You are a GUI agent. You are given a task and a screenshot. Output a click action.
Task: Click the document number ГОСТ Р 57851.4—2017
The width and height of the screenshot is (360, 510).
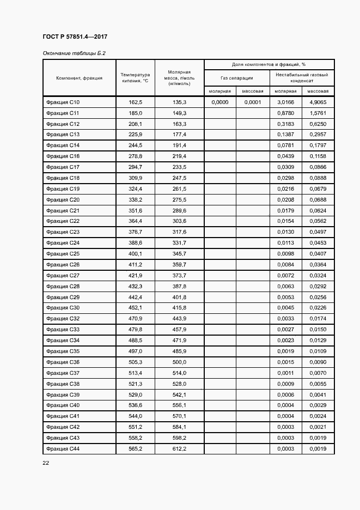pyautogui.click(x=75, y=37)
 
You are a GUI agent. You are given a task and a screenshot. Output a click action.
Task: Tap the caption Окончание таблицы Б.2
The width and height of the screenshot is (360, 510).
pyautogui.click(x=74, y=53)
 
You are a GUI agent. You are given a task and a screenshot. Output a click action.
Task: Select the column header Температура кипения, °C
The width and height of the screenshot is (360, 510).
pyautogui.click(x=135, y=78)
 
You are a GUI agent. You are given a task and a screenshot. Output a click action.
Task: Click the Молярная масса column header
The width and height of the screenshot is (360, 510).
pyautogui.click(x=179, y=78)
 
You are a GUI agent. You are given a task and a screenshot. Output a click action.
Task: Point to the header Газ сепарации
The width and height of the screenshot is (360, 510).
pyautogui.click(x=236, y=78)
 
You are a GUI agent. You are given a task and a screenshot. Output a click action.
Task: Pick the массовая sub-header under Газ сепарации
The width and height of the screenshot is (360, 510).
pyautogui.click(x=253, y=92)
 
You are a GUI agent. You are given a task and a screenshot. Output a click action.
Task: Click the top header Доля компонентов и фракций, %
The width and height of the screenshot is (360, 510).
pyautogui.click(x=269, y=64)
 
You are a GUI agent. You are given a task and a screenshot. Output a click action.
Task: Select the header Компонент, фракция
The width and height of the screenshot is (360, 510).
pyautogui.click(x=80, y=78)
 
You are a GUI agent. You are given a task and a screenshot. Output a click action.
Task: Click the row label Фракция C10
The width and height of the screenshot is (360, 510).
pyautogui.click(x=63, y=102)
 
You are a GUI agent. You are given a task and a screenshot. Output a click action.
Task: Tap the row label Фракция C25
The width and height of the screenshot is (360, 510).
pyautogui.click(x=63, y=254)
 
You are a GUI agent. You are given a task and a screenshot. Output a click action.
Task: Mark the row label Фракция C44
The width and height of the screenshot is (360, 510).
pyautogui.click(x=63, y=448)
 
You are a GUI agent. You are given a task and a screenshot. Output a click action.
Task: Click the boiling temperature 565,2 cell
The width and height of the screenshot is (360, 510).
pyautogui.click(x=135, y=448)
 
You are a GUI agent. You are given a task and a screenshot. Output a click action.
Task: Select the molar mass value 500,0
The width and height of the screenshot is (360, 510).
pyautogui.click(x=179, y=362)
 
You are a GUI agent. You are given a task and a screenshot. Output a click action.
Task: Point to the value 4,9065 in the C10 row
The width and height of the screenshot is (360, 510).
pyautogui.click(x=318, y=102)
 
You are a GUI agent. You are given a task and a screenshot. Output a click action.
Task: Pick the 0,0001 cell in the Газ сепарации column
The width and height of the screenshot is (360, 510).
pyautogui.click(x=253, y=102)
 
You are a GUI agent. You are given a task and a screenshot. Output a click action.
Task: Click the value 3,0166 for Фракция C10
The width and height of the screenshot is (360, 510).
pyautogui.click(x=285, y=102)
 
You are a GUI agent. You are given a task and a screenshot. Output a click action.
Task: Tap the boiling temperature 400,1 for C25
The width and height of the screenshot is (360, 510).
pyautogui.click(x=135, y=254)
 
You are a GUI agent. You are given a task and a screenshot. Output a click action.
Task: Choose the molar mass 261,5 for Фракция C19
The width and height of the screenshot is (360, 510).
pyautogui.click(x=179, y=189)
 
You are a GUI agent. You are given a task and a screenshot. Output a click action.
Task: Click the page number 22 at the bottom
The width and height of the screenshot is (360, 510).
pyautogui.click(x=46, y=463)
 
